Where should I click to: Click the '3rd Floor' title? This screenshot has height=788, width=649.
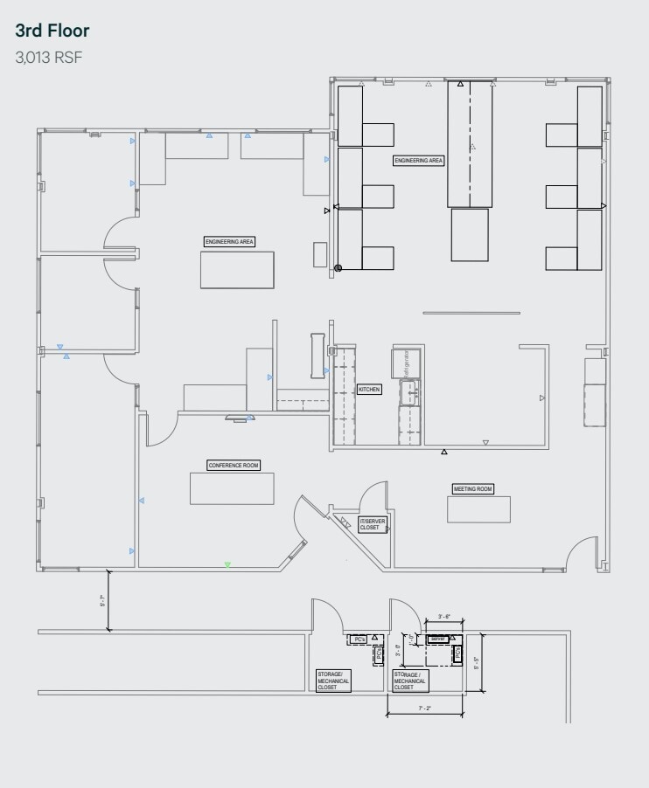[x=52, y=31]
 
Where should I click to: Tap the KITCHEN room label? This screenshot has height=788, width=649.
[x=369, y=389]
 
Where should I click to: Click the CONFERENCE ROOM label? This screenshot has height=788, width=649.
[x=234, y=466]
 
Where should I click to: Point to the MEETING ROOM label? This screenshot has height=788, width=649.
[x=472, y=489]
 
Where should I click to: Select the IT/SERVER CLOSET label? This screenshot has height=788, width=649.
[x=371, y=524]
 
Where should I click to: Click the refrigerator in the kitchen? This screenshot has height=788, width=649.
[x=406, y=363]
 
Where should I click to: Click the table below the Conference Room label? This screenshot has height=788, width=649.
[x=232, y=488]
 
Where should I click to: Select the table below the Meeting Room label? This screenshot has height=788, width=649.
[x=478, y=509]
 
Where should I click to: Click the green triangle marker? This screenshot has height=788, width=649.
[x=227, y=565]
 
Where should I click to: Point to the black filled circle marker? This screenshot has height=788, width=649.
[x=338, y=268]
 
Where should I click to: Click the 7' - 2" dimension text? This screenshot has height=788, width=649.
[x=424, y=709]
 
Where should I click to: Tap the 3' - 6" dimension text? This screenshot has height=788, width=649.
[x=443, y=617]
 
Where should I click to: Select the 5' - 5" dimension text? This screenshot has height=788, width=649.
[x=476, y=663]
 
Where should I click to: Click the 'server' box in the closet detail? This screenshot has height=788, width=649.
[x=438, y=639]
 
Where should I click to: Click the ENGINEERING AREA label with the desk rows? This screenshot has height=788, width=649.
[x=419, y=161]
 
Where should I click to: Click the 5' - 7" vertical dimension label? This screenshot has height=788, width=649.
[x=102, y=601]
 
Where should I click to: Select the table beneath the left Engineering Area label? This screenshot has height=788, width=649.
[x=237, y=269]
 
